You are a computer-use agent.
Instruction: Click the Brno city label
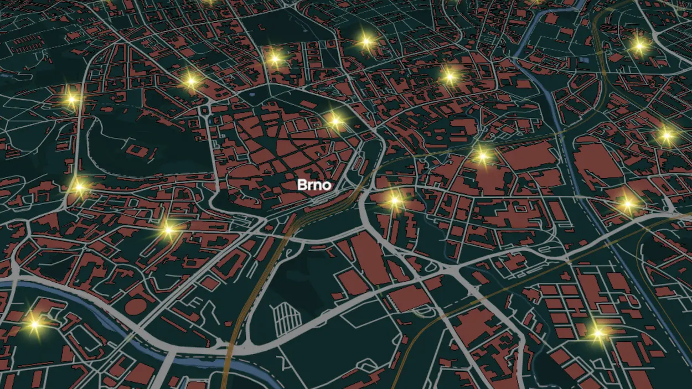tap(314, 185)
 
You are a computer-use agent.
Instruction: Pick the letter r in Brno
tap(309, 185)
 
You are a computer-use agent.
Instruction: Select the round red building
tap(135, 305)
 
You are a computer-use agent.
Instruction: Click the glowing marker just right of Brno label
tap(394, 201)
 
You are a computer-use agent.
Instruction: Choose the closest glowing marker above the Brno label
tap(335, 121)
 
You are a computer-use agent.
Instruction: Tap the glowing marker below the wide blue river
tap(34, 324)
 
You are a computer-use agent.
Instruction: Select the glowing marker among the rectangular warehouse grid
tap(598, 333)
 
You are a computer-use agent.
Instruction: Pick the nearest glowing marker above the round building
tap(168, 229)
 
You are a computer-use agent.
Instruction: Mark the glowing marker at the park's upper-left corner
tap(71, 100)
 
